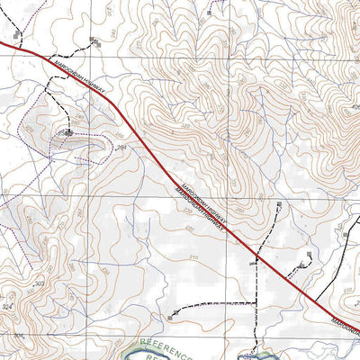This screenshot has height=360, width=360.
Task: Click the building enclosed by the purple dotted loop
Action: pos(67,132)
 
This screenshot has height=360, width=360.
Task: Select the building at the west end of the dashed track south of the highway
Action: pos(172,315)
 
